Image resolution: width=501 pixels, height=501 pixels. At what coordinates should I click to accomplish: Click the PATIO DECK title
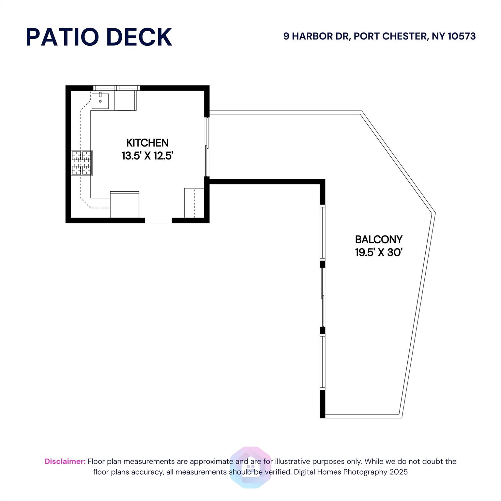pyautogui.click(x=99, y=37)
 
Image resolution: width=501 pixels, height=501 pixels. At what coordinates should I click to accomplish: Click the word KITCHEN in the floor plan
pyautogui.click(x=147, y=143)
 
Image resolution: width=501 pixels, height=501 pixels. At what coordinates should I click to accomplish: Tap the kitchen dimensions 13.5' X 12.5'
pyautogui.click(x=147, y=156)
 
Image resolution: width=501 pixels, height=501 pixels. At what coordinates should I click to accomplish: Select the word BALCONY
pyautogui.click(x=379, y=240)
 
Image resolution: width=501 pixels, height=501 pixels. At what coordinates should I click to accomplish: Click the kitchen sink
pyautogui.click(x=100, y=100)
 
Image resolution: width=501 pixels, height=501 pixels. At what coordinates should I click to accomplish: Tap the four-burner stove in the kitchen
pyautogui.click(x=82, y=163)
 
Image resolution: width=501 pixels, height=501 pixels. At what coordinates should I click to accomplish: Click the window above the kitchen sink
pyautogui.click(x=116, y=88)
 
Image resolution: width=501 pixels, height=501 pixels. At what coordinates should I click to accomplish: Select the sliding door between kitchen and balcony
pyautogui.click(x=206, y=147)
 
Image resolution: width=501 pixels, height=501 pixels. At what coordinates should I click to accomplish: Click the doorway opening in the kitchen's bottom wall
pyautogui.click(x=158, y=220)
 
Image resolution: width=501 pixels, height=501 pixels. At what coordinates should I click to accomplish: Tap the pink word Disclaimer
pyautogui.click(x=65, y=461)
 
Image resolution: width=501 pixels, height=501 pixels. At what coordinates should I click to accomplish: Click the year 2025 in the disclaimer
pyautogui.click(x=399, y=472)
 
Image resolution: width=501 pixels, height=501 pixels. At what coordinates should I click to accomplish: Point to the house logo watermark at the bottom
pyautogui.click(x=250, y=467)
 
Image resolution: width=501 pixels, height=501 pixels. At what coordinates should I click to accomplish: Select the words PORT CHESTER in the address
pyautogui.click(x=390, y=36)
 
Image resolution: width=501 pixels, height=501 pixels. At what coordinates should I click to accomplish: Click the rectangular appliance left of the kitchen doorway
pyautogui.click(x=125, y=205)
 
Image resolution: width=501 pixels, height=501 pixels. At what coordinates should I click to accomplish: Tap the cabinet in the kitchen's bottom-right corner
pyautogui.click(x=194, y=203)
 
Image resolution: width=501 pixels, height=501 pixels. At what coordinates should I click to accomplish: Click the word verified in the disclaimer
pyautogui.click(x=278, y=472)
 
